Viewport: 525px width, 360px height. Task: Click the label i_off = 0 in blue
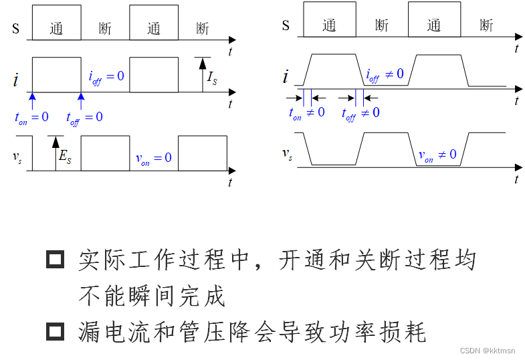[x=106, y=76]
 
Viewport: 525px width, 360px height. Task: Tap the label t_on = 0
[x=31, y=117]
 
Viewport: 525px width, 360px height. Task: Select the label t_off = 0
[x=84, y=118]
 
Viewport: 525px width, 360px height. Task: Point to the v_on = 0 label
[x=153, y=158]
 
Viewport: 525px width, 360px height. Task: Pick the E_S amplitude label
[x=65, y=158]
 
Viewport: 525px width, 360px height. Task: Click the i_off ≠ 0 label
[x=385, y=74]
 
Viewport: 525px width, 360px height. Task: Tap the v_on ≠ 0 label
[x=437, y=156]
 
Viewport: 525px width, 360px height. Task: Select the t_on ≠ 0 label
[x=306, y=112]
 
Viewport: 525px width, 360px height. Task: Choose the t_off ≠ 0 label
[x=360, y=113]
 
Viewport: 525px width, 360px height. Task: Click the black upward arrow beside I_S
[x=199, y=74]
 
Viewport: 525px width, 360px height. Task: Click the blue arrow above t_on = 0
[x=31, y=100]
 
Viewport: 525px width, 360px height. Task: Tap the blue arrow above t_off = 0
[x=81, y=100]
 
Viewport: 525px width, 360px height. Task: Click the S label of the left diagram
[x=16, y=28]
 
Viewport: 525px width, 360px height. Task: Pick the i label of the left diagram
[x=15, y=81]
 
